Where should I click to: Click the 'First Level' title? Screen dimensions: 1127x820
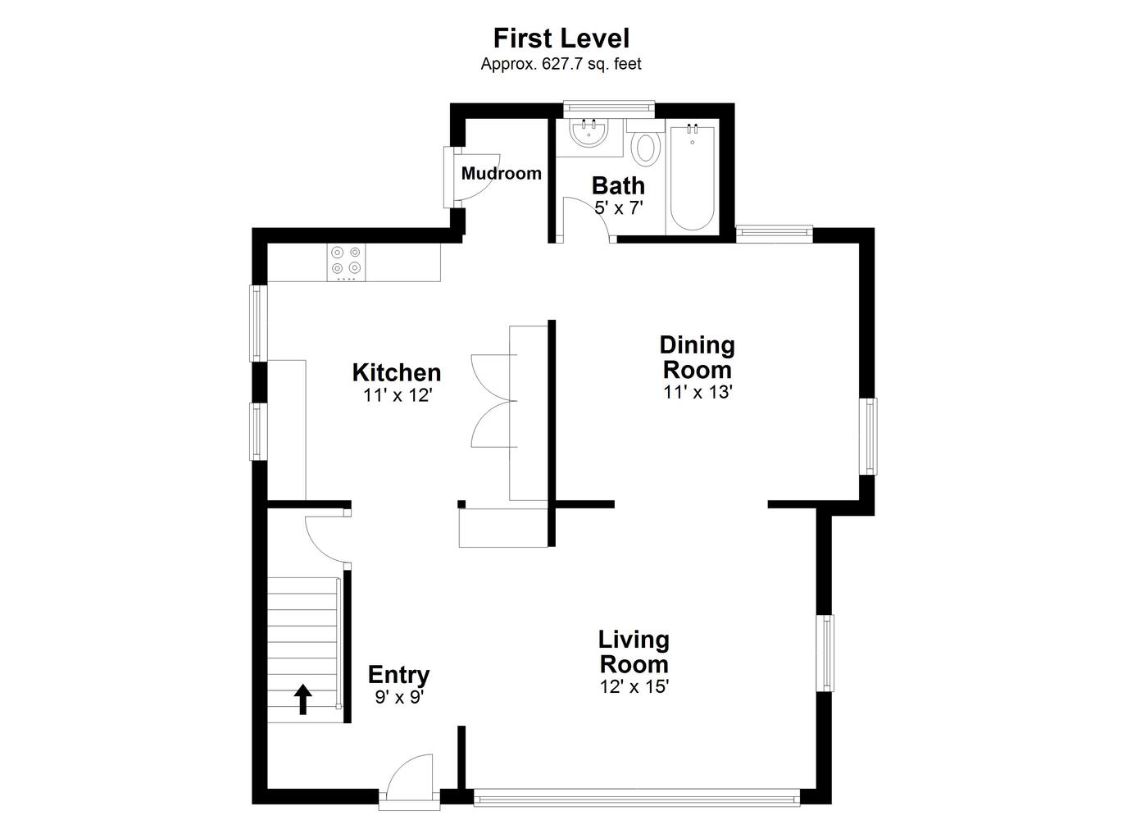(x=561, y=39)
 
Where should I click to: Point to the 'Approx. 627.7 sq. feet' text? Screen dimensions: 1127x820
(x=561, y=65)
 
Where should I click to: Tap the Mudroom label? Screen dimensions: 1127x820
(x=501, y=173)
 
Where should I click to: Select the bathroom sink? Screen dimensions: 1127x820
(x=588, y=132)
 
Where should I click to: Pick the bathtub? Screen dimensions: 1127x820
(x=693, y=178)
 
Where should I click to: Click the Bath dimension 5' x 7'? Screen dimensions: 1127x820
(x=619, y=207)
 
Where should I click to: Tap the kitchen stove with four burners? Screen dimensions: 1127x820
(x=346, y=262)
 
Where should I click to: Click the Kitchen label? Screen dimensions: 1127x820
(x=397, y=373)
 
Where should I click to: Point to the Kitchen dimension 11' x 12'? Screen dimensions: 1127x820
(x=398, y=396)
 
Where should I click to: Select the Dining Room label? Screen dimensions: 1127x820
(x=698, y=358)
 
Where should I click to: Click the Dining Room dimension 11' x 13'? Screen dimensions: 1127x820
(x=698, y=392)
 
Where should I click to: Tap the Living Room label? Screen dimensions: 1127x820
(x=634, y=653)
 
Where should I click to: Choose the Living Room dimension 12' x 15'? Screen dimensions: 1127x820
(x=634, y=686)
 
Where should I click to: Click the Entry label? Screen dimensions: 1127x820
(x=399, y=675)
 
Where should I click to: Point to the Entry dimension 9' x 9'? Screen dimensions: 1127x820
(x=399, y=697)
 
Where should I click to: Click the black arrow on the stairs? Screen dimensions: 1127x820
(x=303, y=699)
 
